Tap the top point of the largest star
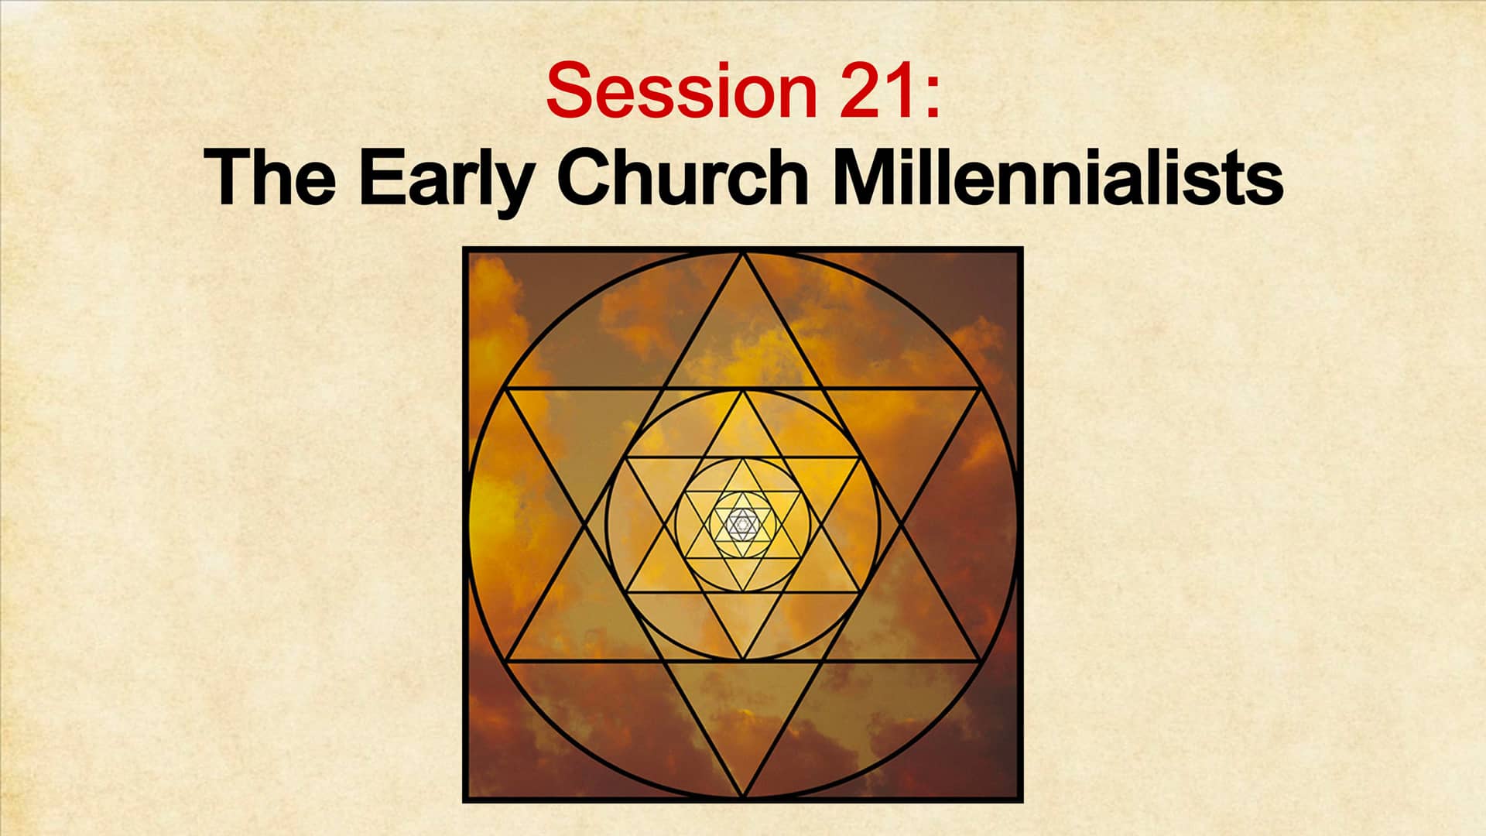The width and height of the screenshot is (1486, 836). [743, 253]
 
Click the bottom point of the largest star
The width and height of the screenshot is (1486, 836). [743, 797]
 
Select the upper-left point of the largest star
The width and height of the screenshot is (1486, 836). [505, 389]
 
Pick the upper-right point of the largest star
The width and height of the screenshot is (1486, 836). [981, 389]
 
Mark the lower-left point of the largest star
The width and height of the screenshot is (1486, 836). [505, 662]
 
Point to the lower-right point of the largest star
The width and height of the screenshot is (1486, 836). [981, 662]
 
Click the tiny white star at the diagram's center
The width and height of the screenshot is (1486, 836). [743, 525]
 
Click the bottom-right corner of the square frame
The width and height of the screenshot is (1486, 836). [1021, 800]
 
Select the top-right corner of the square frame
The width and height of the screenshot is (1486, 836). [1021, 249]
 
